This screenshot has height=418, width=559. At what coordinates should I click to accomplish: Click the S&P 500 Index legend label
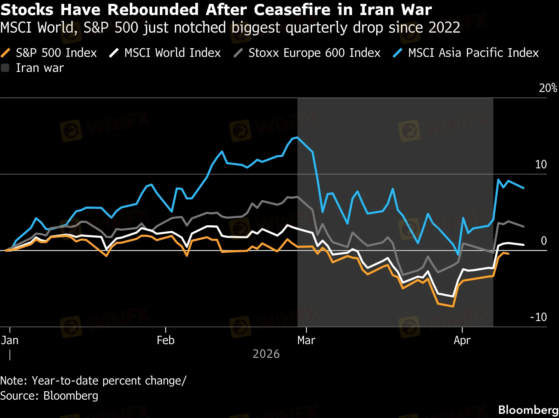click(x=56, y=53)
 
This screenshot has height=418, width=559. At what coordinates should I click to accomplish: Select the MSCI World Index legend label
click(x=172, y=53)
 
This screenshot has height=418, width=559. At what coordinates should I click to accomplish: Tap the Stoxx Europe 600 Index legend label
click(x=314, y=53)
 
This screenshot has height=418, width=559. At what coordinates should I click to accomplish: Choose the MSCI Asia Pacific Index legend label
click(x=473, y=53)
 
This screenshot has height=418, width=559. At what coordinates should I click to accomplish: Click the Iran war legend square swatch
click(x=5, y=68)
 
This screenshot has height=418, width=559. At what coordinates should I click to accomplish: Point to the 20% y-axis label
click(x=548, y=88)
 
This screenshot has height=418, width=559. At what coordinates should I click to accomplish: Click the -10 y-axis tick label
click(x=538, y=317)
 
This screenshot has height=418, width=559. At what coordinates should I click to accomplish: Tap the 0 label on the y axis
click(x=544, y=241)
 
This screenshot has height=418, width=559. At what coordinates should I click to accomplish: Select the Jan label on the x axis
click(x=10, y=341)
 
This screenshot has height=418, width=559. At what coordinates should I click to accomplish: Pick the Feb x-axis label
click(x=165, y=341)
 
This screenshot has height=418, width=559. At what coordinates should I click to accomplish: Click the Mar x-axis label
click(x=306, y=341)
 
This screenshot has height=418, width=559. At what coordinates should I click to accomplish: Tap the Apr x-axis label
click(x=462, y=341)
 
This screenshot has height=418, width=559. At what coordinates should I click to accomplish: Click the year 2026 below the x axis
click(x=266, y=354)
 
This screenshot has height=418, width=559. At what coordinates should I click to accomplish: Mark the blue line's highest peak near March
click(x=297, y=137)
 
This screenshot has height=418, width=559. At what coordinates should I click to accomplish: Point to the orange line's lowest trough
click(x=453, y=307)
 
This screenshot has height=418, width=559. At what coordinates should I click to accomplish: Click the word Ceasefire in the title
click(x=292, y=10)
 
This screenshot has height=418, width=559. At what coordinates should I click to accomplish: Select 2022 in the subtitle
click(x=444, y=28)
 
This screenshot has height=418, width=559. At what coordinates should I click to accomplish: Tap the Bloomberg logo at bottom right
click(x=528, y=410)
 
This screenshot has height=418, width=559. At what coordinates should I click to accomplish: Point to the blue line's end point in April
click(x=524, y=188)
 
